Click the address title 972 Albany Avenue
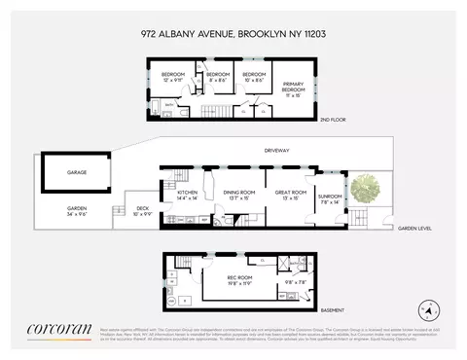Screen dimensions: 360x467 pyautogui.click(x=233, y=31)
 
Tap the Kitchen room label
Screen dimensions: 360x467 pyautogui.click(x=187, y=195)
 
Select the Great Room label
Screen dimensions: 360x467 pyautogui.click(x=291, y=195)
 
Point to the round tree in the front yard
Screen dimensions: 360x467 pyautogui.click(x=369, y=188)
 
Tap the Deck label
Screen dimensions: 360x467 pyautogui.click(x=142, y=208)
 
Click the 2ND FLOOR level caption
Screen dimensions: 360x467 pyautogui.click(x=333, y=122)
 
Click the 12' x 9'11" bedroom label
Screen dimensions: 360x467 pyautogui.click(x=172, y=78)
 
